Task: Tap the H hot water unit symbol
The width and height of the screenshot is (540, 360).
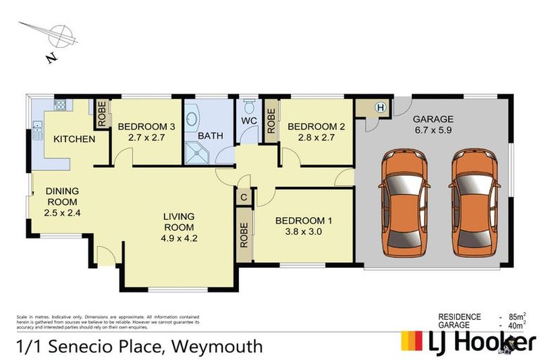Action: [380, 108]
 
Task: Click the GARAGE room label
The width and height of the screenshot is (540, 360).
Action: [432, 119]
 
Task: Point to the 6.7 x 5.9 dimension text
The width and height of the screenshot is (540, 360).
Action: [433, 131]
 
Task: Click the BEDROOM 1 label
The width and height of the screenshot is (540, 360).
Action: [304, 220]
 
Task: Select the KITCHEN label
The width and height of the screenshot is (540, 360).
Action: [74, 139]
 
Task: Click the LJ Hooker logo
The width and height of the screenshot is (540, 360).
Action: [467, 341]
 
